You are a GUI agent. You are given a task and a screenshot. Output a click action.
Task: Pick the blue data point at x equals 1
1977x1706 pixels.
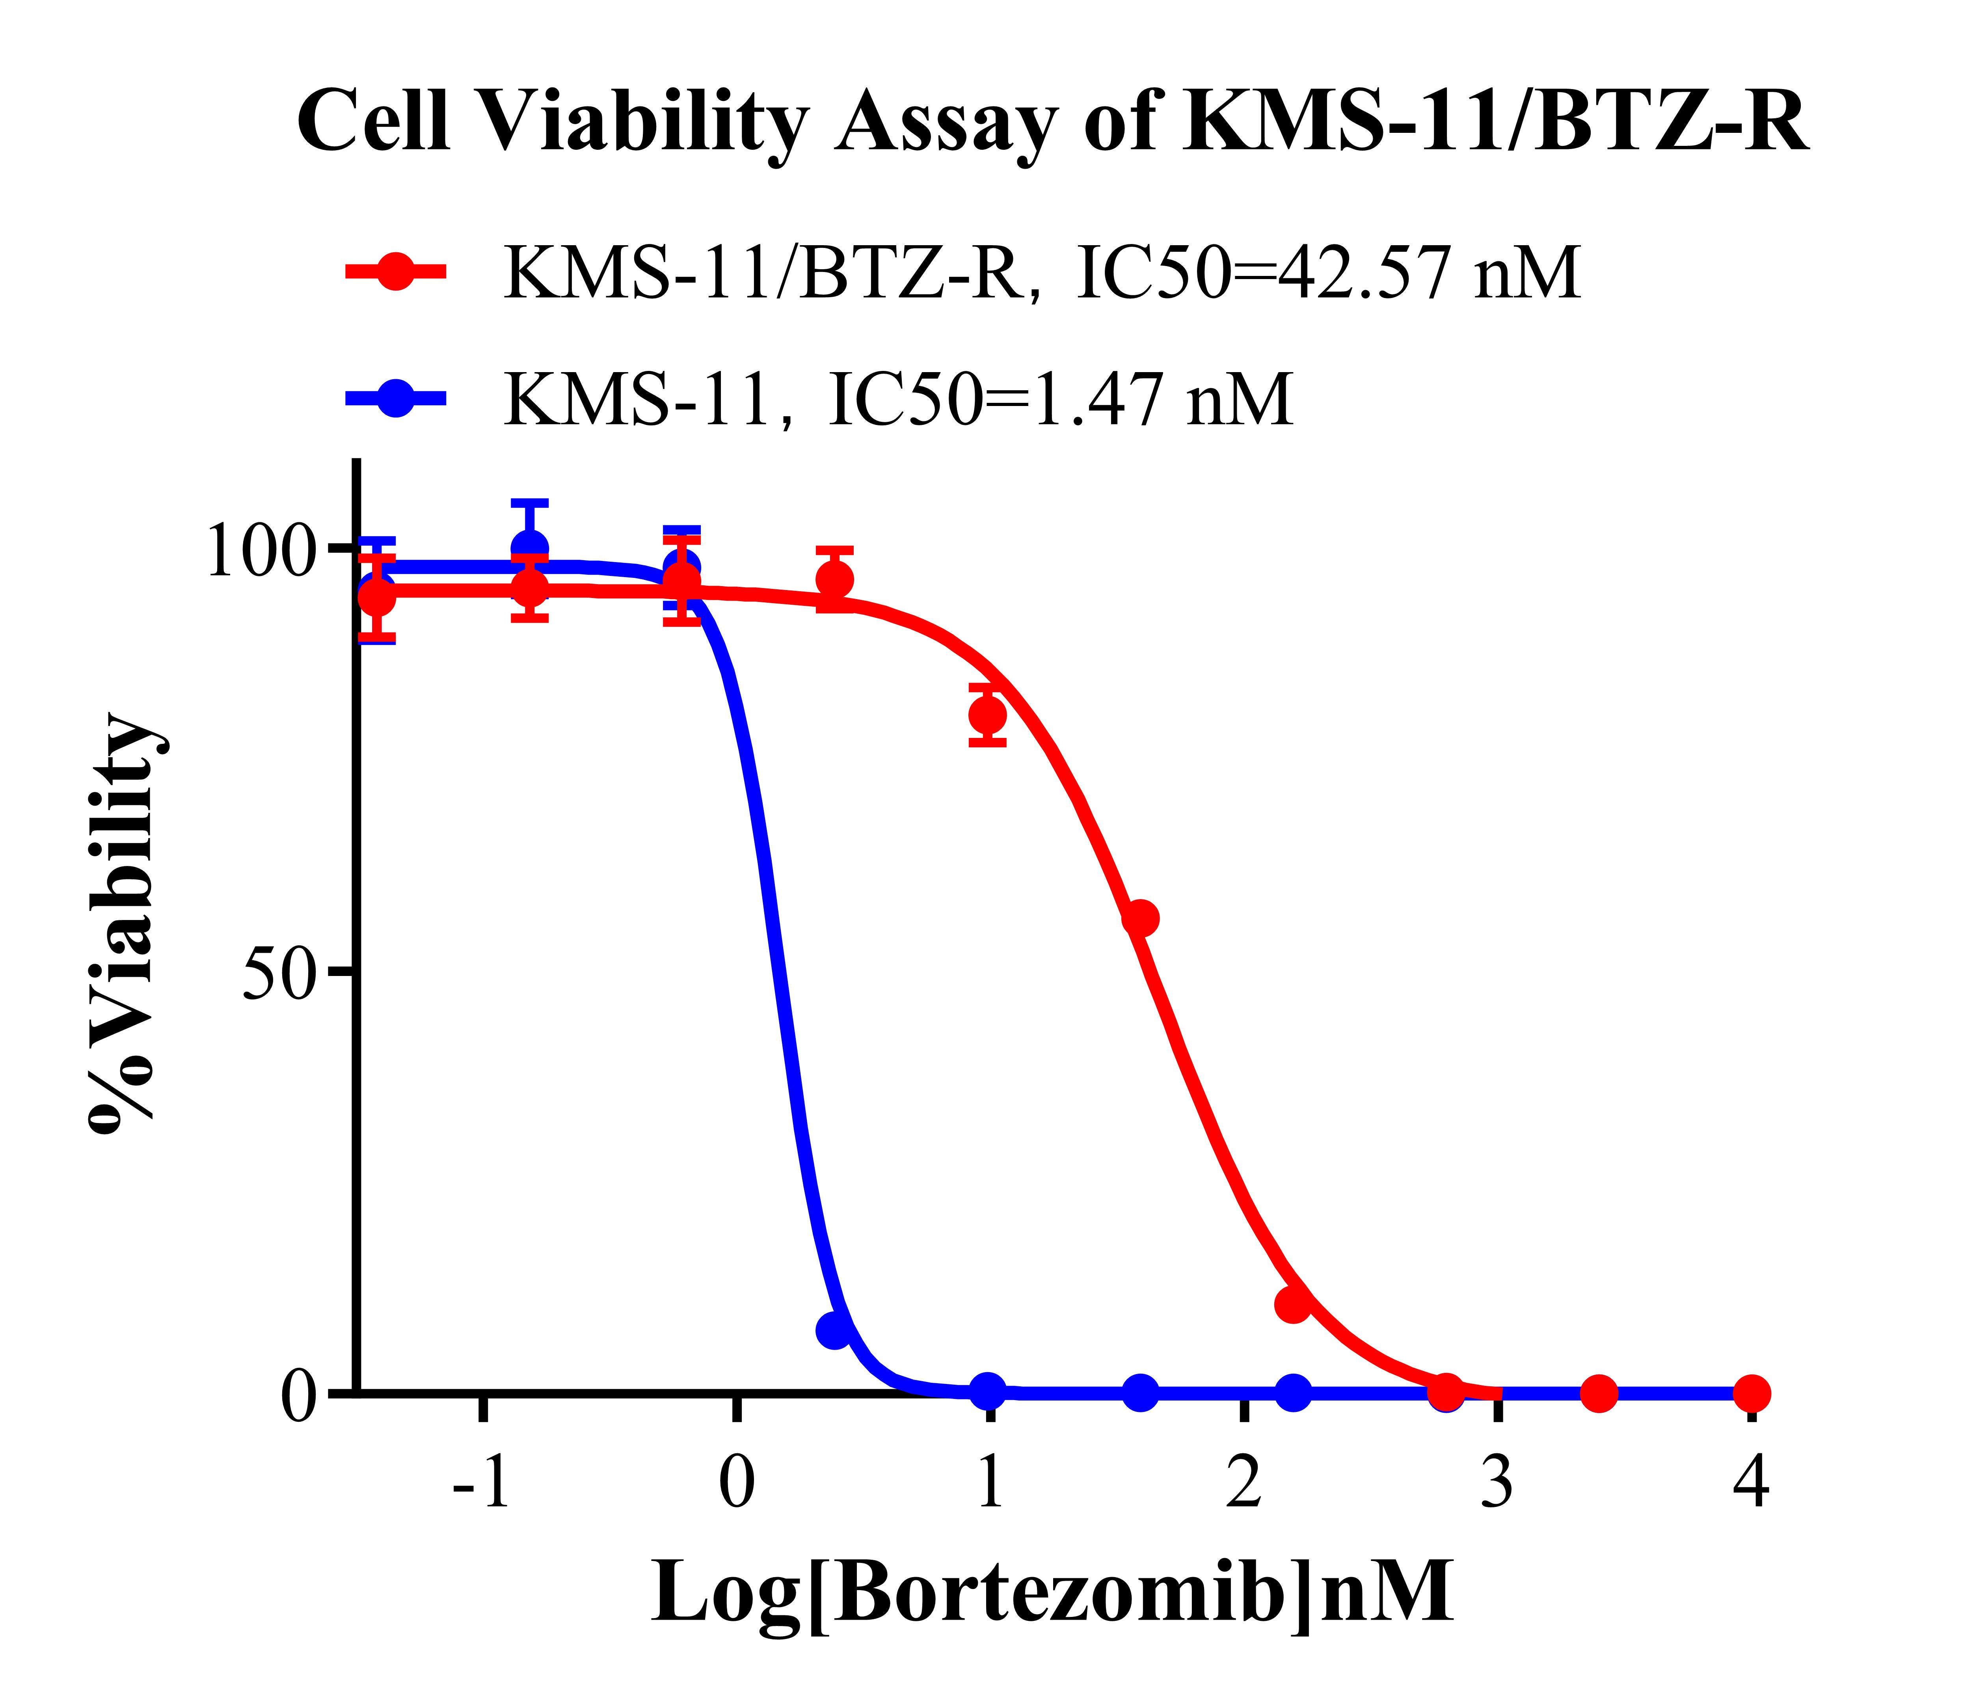pos(988,1392)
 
